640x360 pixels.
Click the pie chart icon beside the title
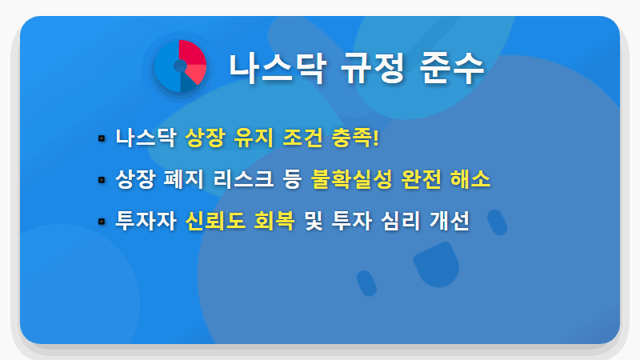click(181, 66)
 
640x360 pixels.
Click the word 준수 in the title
click(452, 67)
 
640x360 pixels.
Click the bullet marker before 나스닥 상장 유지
click(102, 138)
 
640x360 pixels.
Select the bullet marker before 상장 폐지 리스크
click(102, 180)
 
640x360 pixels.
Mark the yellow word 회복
click(274, 220)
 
